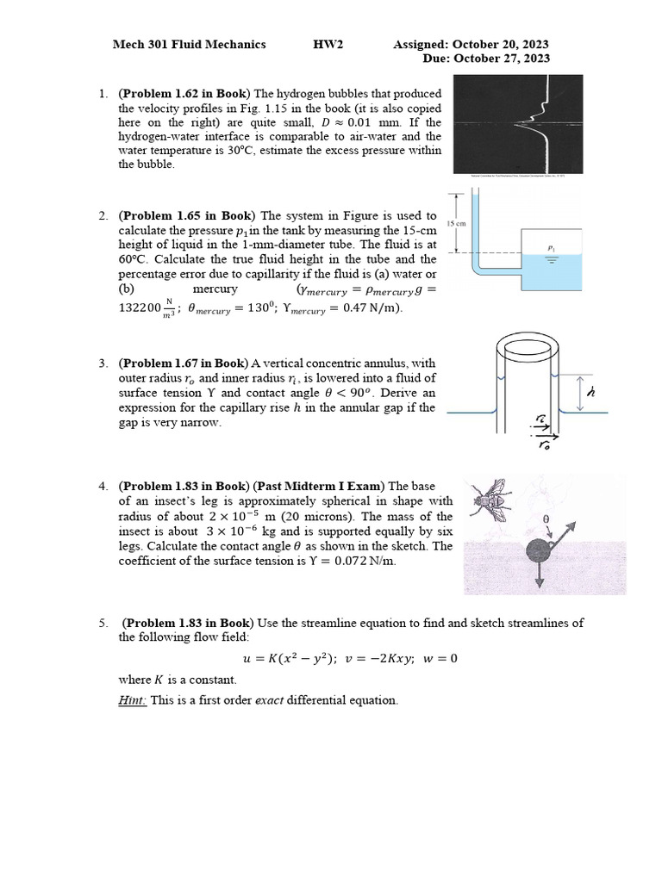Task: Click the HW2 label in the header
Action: point(328,44)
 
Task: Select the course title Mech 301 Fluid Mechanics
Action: point(190,44)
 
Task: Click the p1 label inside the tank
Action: point(551,246)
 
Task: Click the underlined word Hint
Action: point(133,700)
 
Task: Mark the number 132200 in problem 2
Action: point(140,307)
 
